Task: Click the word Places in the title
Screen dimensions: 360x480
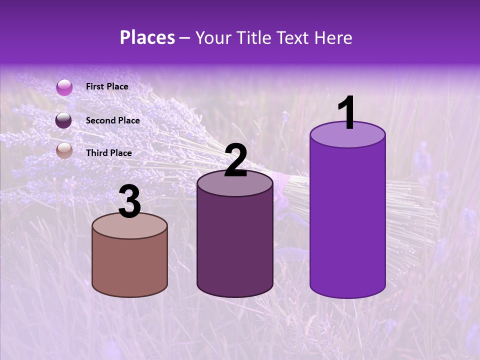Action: (x=147, y=37)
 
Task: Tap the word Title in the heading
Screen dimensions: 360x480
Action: (x=253, y=37)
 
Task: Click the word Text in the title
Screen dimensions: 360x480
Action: (x=294, y=37)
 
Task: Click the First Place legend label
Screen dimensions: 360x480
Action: (x=107, y=86)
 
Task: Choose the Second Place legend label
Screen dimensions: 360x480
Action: (x=112, y=120)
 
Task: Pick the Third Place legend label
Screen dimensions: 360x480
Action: (x=108, y=153)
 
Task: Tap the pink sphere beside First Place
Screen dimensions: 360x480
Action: (x=64, y=87)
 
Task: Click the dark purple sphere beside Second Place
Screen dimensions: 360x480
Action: (x=64, y=120)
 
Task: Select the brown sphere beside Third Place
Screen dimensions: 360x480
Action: (x=64, y=150)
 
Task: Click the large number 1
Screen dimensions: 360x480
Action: (x=346, y=114)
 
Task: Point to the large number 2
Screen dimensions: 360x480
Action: (x=236, y=161)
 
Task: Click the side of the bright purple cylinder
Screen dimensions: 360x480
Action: (x=347, y=220)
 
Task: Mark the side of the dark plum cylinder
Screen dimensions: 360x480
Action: (x=235, y=245)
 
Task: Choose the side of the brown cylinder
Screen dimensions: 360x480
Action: (x=130, y=265)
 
